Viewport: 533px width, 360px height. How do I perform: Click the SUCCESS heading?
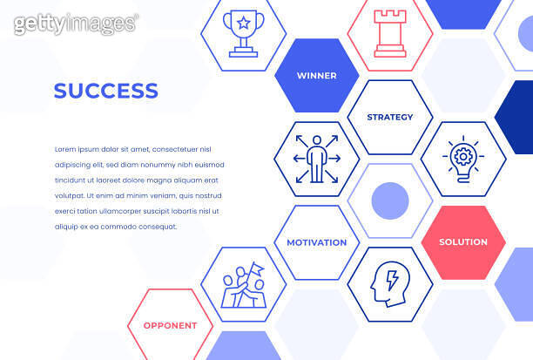pos(105,91)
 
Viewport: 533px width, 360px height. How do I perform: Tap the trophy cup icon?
pos(243,33)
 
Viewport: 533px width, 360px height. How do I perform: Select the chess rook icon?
pos(389,33)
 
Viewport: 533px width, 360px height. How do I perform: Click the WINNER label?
pos(316,76)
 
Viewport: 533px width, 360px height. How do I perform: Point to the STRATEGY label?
pos(389,117)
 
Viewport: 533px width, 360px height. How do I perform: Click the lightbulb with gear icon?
pos(462,159)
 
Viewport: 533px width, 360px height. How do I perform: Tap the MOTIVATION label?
pos(316,242)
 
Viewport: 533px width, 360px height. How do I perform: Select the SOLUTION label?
pos(462,241)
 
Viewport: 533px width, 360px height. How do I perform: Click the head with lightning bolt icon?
pos(389,284)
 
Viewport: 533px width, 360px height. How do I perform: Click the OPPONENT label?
pos(170,325)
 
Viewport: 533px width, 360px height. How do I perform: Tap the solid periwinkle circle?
pos(389,200)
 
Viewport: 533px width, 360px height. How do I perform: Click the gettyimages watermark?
pos(76,24)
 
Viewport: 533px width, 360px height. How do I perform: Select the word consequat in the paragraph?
pos(156,227)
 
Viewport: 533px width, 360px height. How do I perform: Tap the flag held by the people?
pos(257,268)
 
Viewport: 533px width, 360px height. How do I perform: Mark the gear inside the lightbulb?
pos(462,157)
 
